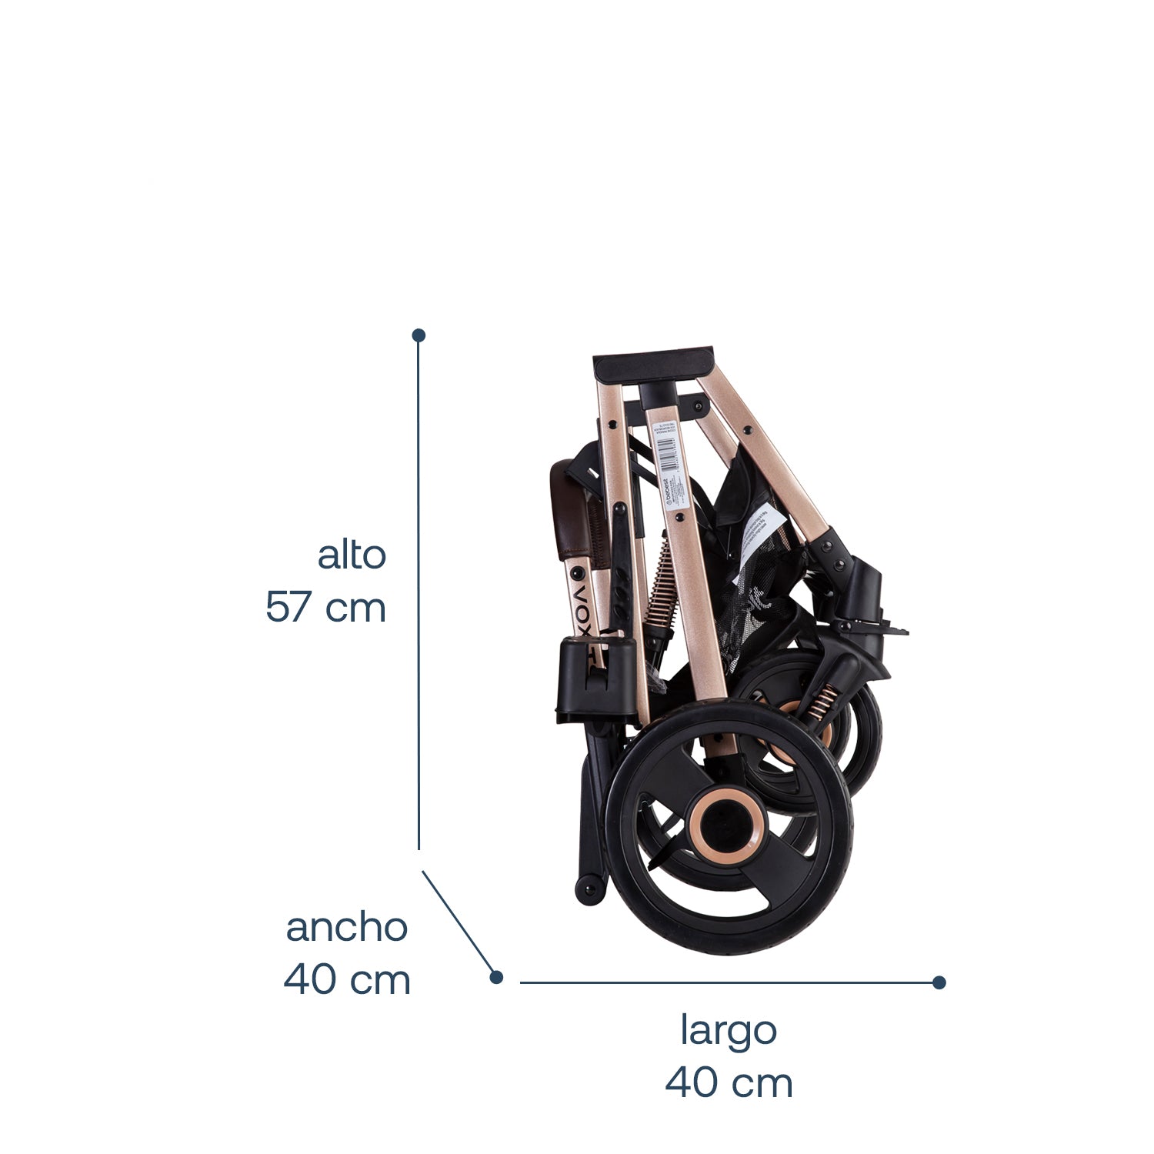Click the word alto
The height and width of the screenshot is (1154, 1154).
click(352, 555)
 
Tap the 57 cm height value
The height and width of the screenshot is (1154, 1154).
click(325, 608)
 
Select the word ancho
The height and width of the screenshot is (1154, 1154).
click(346, 928)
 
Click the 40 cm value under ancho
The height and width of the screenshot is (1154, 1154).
click(346, 980)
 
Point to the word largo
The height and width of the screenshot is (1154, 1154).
click(728, 1031)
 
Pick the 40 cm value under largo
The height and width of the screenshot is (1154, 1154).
click(728, 1083)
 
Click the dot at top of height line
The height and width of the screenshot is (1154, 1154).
click(419, 335)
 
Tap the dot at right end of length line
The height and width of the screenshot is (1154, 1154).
click(939, 982)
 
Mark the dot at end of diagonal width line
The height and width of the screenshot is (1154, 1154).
click(496, 977)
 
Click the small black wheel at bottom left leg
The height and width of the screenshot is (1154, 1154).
click(589, 889)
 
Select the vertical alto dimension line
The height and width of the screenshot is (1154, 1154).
click(419, 592)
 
